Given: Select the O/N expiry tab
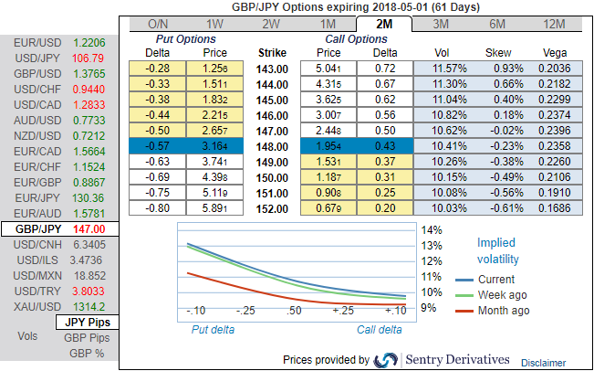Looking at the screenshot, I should (158, 23).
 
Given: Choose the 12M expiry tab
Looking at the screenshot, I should (551, 23).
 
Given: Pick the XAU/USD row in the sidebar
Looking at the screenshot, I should (58, 307).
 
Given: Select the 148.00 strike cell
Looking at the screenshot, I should (274, 147).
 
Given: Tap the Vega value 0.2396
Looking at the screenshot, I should (554, 132).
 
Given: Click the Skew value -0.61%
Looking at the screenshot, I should (498, 208).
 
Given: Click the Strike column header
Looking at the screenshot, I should (274, 53).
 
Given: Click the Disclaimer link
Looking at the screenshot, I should (544, 363).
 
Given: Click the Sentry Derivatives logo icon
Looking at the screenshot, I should (386, 359).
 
